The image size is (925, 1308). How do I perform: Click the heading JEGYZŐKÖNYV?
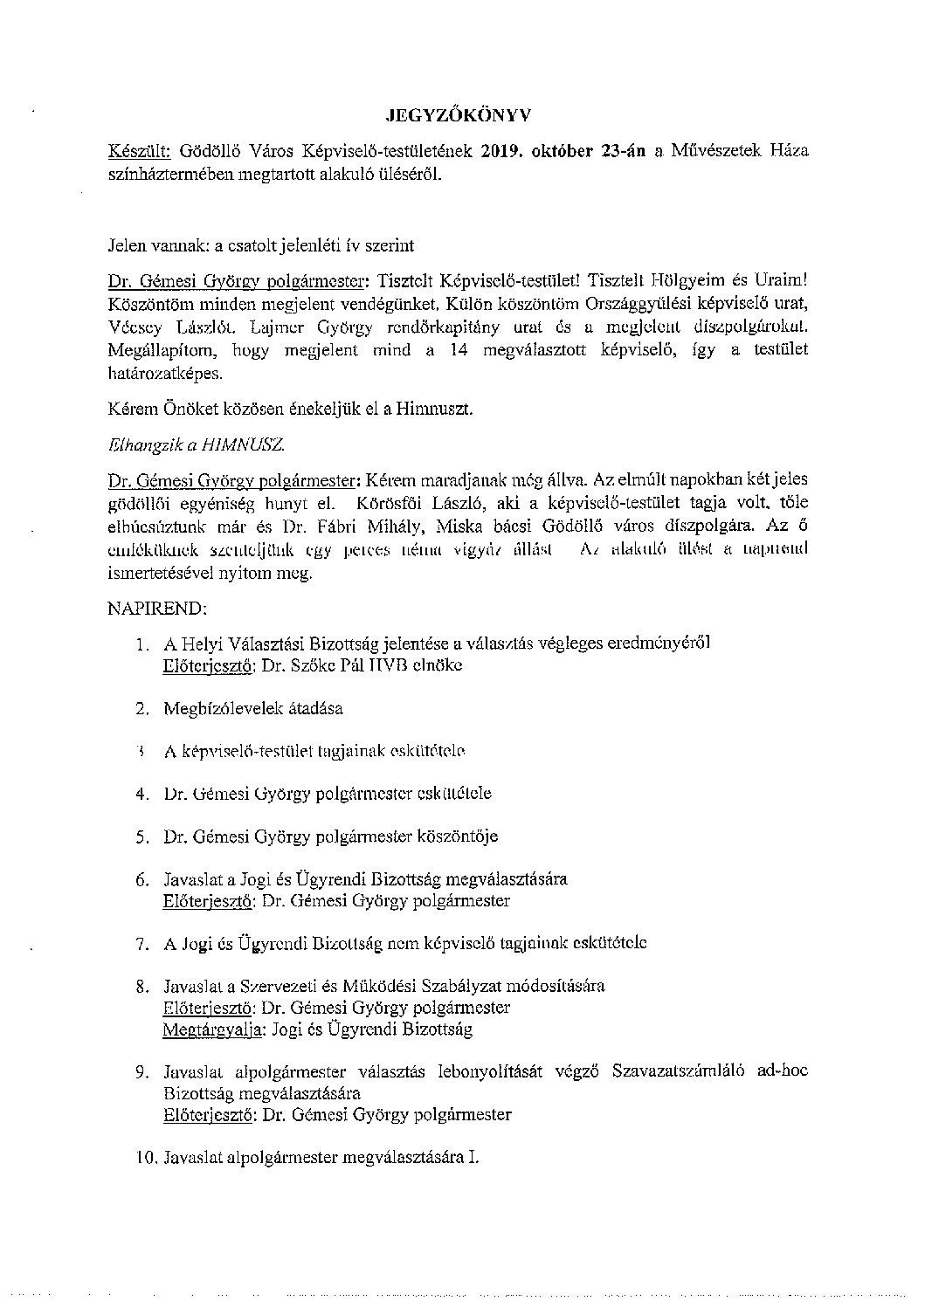pyautogui.click(x=459, y=114)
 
